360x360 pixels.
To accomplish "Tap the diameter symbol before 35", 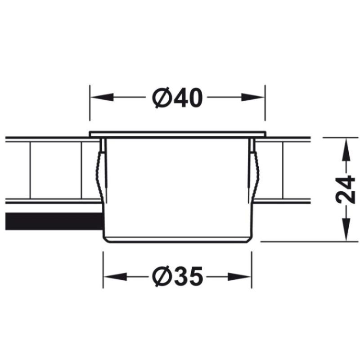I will (x=160, y=276).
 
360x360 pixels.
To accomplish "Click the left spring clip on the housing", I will (x=101, y=171).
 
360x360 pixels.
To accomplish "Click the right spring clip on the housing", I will (x=255, y=171).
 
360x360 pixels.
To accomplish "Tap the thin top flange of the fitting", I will (x=177, y=134).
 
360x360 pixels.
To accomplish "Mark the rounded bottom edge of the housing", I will (x=177, y=239).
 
